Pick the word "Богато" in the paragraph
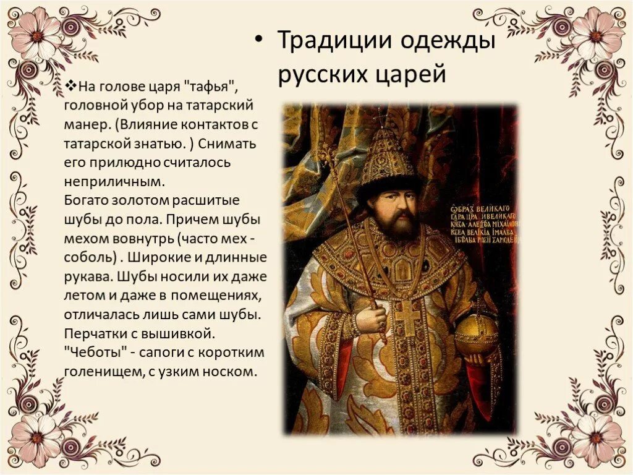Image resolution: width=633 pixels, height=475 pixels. [x=87, y=201]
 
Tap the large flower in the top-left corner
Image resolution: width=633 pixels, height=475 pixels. [x=37, y=35]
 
